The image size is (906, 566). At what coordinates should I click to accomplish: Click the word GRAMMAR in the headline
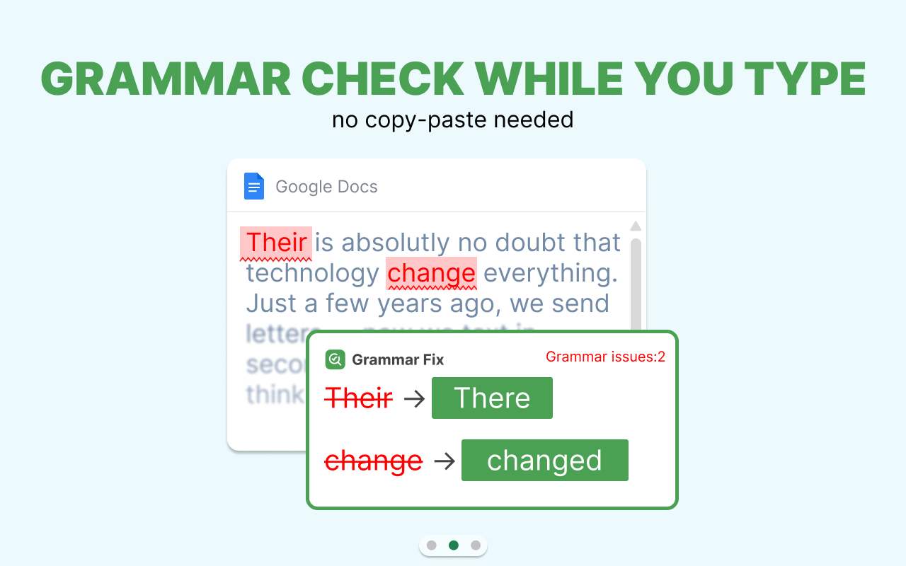click(x=166, y=79)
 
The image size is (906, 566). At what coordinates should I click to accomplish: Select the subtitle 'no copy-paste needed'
click(x=452, y=120)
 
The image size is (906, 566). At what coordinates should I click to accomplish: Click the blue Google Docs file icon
click(x=254, y=186)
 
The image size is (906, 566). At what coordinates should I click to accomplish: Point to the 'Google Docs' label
click(x=326, y=187)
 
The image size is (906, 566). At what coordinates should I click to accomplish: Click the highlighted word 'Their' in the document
click(x=276, y=243)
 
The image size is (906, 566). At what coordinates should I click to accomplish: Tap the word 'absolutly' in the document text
click(x=395, y=243)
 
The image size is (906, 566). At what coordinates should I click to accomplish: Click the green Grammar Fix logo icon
click(x=335, y=359)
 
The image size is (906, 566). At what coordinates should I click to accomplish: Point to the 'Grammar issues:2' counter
click(x=605, y=357)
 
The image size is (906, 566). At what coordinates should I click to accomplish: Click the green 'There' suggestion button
click(x=492, y=398)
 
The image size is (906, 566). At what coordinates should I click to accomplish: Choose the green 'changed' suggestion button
click(x=544, y=461)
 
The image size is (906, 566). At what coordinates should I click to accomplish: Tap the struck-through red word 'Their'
click(x=359, y=398)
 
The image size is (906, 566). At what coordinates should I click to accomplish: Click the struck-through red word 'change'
click(x=373, y=461)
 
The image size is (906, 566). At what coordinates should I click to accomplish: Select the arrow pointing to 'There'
click(x=413, y=398)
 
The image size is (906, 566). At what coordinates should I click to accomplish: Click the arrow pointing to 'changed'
click(x=444, y=461)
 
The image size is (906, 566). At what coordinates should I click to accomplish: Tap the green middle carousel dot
click(x=454, y=545)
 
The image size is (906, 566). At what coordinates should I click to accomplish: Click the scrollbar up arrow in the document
click(x=636, y=226)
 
